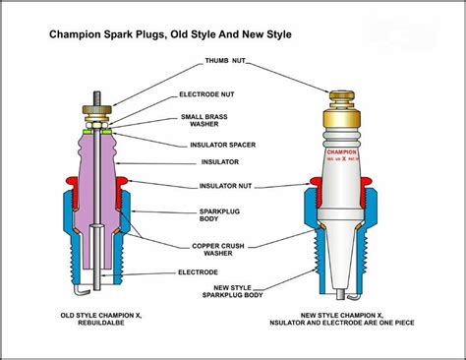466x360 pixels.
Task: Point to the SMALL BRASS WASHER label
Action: click(x=205, y=122)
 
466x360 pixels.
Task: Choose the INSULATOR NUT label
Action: click(x=223, y=184)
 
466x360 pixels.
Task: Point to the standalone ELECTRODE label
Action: click(x=198, y=271)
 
